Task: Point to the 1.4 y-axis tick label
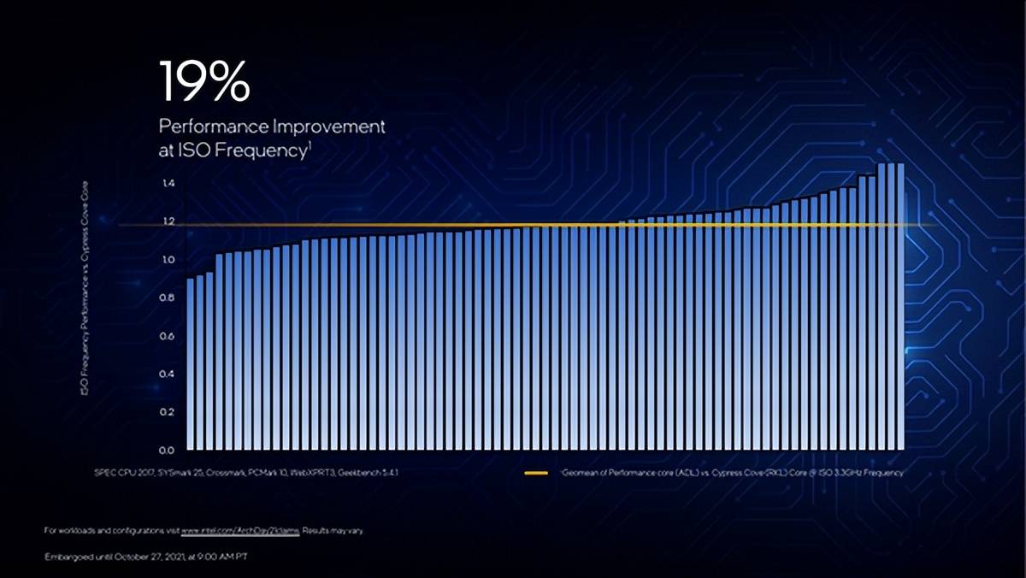coord(168,184)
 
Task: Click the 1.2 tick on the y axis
coord(168,221)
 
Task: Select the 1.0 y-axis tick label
coord(168,260)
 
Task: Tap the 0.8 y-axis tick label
coord(168,298)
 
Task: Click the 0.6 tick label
coord(168,336)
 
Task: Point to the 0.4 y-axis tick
coord(168,374)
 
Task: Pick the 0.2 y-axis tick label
coord(168,412)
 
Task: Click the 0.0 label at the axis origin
coord(168,450)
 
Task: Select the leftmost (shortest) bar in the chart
coord(191,363)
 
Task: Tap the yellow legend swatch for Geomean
coord(535,473)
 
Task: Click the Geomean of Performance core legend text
coord(732,473)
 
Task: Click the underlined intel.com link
coord(239,531)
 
